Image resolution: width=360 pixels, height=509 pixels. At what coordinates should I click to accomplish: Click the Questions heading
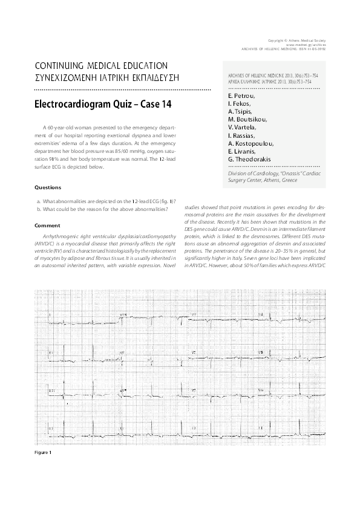pyautogui.click(x=48, y=187)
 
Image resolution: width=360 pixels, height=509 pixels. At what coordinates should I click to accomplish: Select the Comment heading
pyautogui.click(x=48, y=225)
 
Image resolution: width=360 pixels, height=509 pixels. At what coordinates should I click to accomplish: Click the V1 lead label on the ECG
pyautogui.click(x=194, y=315)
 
